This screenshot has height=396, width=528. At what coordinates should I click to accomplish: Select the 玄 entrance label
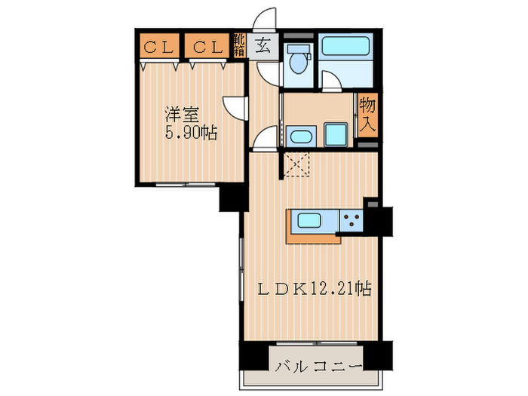pos(262,46)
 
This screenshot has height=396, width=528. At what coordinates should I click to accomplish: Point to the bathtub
pos(345,48)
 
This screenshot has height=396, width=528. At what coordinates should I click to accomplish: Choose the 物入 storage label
pos(367,114)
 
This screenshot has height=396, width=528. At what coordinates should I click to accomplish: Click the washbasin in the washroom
pos(300,138)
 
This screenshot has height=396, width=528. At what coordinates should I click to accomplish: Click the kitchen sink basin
pos(311,221)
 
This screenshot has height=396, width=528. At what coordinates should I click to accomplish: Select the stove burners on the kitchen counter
pos(351,220)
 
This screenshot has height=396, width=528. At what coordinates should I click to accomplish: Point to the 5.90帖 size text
pos(192,134)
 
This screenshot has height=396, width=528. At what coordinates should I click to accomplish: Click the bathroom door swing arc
pos(330,82)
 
